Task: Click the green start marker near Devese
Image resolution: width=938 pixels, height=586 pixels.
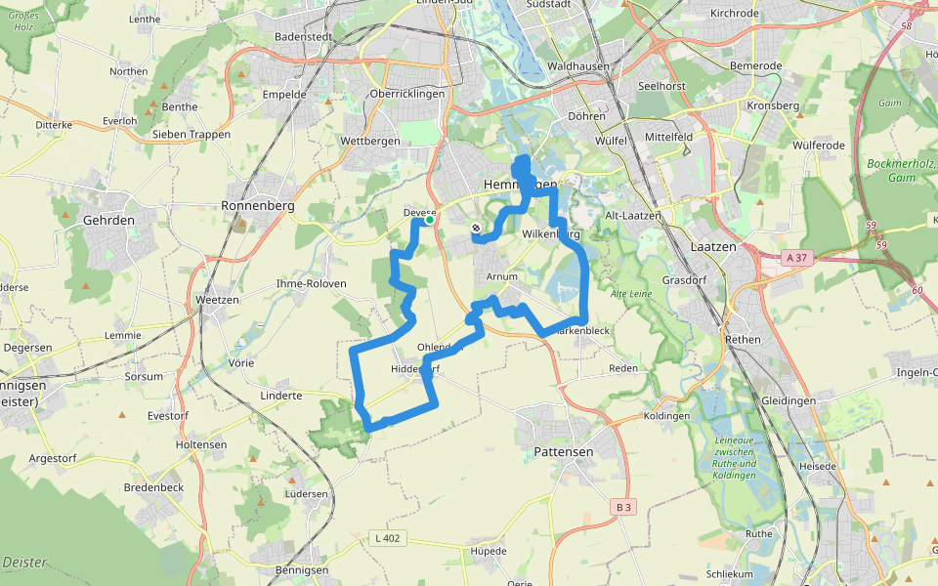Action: (429, 220)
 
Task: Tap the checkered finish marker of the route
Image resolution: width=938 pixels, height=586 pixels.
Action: (476, 228)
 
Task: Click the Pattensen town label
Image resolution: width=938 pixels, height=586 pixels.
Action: (564, 452)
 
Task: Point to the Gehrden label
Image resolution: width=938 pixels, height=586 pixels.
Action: (109, 221)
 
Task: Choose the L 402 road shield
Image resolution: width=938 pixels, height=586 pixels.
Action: (388, 537)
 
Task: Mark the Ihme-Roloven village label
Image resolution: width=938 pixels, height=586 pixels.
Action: (313, 283)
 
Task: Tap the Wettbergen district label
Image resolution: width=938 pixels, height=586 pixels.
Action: (370, 142)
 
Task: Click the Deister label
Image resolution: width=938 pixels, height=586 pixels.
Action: (25, 563)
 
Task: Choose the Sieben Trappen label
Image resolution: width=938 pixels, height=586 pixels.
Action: (191, 134)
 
